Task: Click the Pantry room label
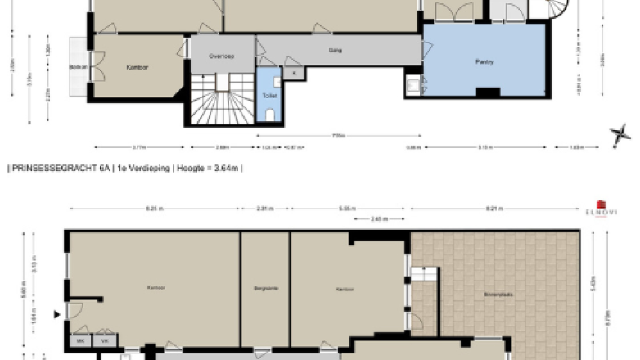click(485, 61)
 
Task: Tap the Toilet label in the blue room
click(269, 96)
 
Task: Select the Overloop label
click(222, 56)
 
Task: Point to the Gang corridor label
click(335, 50)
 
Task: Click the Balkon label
click(79, 66)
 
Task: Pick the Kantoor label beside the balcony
click(136, 67)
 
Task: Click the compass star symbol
click(620, 135)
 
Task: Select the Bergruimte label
click(264, 288)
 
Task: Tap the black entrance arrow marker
click(56, 313)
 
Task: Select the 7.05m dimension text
click(338, 136)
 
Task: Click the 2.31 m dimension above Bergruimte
click(264, 209)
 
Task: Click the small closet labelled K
click(294, 74)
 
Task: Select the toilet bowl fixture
click(270, 115)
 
